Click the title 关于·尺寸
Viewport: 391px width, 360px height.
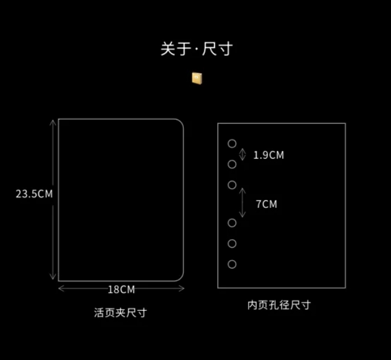[196, 49]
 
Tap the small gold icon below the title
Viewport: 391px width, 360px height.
[197, 78]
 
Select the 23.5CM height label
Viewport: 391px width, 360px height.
[34, 194]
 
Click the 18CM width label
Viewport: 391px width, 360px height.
[121, 289]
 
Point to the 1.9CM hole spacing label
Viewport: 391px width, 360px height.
[268, 155]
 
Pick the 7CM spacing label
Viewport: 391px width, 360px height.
[266, 204]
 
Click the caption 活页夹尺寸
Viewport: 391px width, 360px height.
[120, 313]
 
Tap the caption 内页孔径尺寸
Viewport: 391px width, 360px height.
[279, 305]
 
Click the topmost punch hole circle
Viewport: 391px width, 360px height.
[232, 144]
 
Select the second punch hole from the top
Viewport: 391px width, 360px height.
[232, 164]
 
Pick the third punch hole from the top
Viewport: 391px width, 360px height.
[232, 185]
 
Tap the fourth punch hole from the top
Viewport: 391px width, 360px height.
[232, 223]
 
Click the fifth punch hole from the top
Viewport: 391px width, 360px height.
[232, 243]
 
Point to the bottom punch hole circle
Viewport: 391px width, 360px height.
[232, 264]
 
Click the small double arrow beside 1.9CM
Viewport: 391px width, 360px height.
[243, 154]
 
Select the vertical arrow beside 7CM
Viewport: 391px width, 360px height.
[243, 203]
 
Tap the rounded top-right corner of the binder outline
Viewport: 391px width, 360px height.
[178, 124]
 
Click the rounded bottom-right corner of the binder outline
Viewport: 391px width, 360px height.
[178, 276]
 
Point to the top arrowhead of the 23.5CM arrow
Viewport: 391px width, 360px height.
[53, 121]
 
